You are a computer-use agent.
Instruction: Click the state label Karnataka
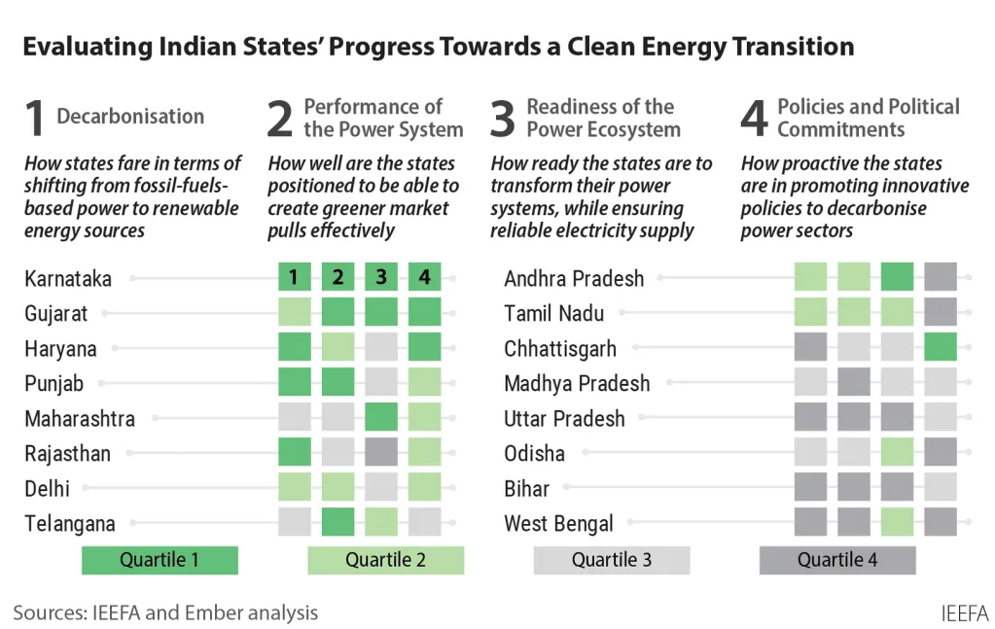pyautogui.click(x=68, y=279)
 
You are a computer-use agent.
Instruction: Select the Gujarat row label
pyautogui.click(x=56, y=314)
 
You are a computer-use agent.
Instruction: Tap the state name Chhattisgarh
pyautogui.click(x=560, y=349)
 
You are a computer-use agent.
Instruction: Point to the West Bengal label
pyautogui.click(x=558, y=524)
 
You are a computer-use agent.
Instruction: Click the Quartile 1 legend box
pyautogui.click(x=160, y=560)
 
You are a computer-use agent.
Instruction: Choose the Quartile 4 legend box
pyautogui.click(x=837, y=560)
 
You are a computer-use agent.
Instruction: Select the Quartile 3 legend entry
pyautogui.click(x=612, y=560)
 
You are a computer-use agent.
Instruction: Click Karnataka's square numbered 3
pyautogui.click(x=381, y=278)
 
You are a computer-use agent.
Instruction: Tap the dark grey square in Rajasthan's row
pyautogui.click(x=381, y=453)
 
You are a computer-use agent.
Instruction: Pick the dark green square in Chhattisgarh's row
pyautogui.click(x=941, y=348)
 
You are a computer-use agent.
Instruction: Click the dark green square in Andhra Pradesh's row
pyautogui.click(x=897, y=278)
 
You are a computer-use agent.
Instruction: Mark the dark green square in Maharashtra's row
pyautogui.click(x=381, y=418)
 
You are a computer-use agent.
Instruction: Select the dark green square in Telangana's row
pyautogui.click(x=338, y=523)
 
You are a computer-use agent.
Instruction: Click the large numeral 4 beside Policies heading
pyautogui.click(x=755, y=120)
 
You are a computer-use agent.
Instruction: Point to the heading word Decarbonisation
pyautogui.click(x=130, y=117)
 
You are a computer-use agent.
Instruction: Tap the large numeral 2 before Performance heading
pyautogui.click(x=280, y=120)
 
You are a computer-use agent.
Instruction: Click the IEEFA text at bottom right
pyautogui.click(x=965, y=613)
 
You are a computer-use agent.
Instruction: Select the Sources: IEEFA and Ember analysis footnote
pyautogui.click(x=165, y=612)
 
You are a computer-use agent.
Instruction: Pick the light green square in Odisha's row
pyautogui.click(x=897, y=453)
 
